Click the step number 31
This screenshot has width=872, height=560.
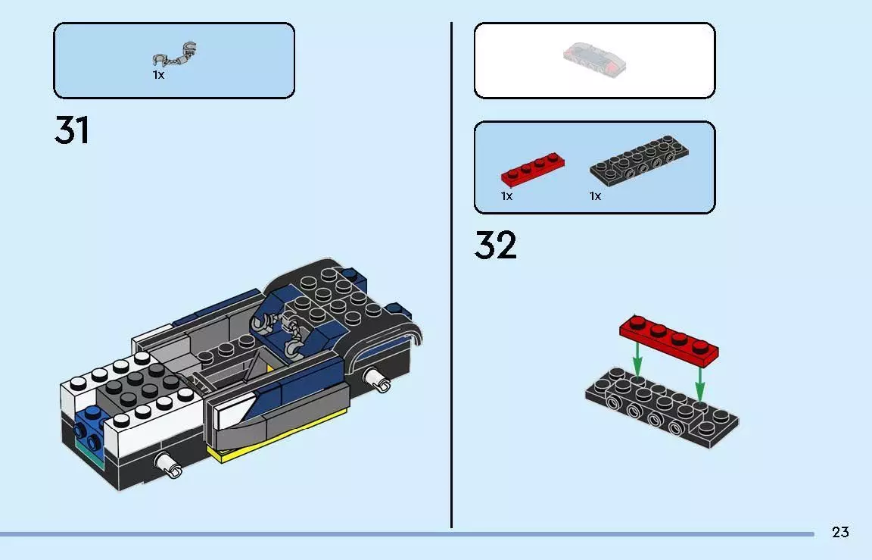tap(72, 130)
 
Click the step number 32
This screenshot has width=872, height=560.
tap(496, 246)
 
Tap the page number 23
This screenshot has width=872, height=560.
tap(840, 532)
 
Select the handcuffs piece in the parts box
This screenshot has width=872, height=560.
tap(175, 56)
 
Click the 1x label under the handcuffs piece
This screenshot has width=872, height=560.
tap(158, 75)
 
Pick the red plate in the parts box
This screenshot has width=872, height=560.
tap(532, 171)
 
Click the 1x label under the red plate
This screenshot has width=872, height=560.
tap(506, 196)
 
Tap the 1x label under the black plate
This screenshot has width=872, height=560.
tap(595, 196)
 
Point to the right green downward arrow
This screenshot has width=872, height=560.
tap(700, 382)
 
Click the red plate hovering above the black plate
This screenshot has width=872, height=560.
tap(668, 338)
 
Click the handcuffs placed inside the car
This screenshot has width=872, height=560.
tap(285, 333)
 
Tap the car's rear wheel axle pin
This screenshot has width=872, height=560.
tap(376, 378)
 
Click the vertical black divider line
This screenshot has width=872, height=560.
tap(451, 273)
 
